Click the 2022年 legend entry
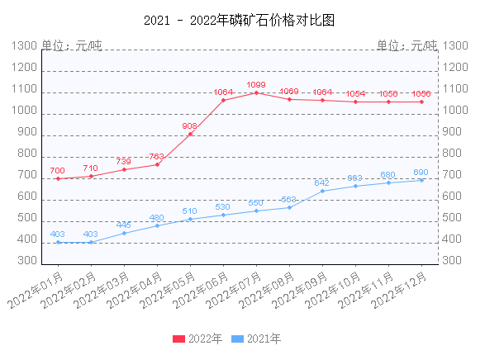coord(197,339)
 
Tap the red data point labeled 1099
coord(256,92)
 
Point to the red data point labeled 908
coord(190,134)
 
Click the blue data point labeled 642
coord(322,191)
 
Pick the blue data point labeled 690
coord(421,180)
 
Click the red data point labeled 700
coord(58,178)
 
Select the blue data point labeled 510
coord(190,219)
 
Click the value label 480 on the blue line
coord(156,218)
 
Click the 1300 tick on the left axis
coord(25,46)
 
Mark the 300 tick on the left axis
coord(28,260)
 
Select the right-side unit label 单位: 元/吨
coord(407,45)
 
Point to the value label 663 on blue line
coord(354,178)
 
